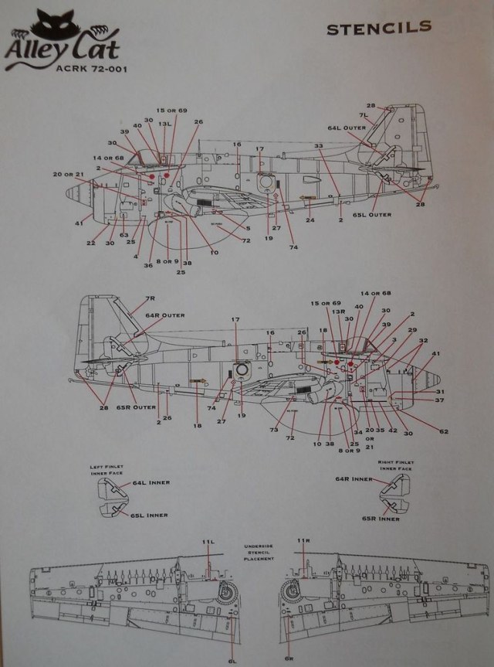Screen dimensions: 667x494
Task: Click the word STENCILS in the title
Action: pyautogui.click(x=378, y=29)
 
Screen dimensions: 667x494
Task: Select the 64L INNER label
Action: pyautogui.click(x=151, y=482)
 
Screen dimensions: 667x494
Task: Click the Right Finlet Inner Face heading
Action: pyautogui.click(x=398, y=465)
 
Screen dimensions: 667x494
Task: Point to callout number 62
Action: pyautogui.click(x=443, y=430)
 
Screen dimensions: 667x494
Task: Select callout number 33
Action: pyautogui.click(x=319, y=145)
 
